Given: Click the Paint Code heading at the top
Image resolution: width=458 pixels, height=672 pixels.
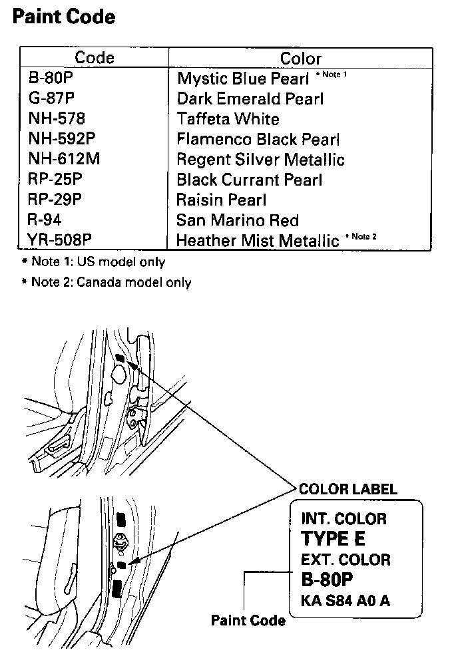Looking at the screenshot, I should (64, 16).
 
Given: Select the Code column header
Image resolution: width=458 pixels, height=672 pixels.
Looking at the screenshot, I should (94, 58).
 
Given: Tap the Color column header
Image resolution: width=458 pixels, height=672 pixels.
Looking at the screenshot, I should (301, 59).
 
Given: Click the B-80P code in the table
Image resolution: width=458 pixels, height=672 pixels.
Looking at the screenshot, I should (50, 79).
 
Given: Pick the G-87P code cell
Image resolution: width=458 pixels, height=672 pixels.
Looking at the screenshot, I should (51, 98).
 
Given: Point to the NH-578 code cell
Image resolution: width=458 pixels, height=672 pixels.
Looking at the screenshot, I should (57, 119).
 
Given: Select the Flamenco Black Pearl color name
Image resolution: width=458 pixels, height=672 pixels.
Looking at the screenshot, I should (258, 140).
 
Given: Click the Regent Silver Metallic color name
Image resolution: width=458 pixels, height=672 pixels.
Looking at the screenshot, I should (260, 160).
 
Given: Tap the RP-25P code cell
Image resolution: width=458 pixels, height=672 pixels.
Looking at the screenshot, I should (55, 180).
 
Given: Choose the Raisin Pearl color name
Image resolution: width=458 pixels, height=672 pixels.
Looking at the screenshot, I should (222, 200).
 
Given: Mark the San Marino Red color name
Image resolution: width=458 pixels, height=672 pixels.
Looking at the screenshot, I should (238, 220).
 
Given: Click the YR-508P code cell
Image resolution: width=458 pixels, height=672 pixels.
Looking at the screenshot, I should (59, 240).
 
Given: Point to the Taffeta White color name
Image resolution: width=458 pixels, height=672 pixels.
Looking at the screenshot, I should (228, 119).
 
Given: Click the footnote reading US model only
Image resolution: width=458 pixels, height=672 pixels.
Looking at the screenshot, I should (94, 262).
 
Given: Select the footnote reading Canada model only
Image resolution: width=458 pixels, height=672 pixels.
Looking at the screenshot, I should (107, 282).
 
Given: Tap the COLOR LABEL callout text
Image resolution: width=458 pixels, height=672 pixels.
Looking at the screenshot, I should (347, 489).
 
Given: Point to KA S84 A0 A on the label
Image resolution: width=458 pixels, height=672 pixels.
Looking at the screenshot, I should (345, 600).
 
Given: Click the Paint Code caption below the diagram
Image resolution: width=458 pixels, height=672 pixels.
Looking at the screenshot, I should (248, 620).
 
